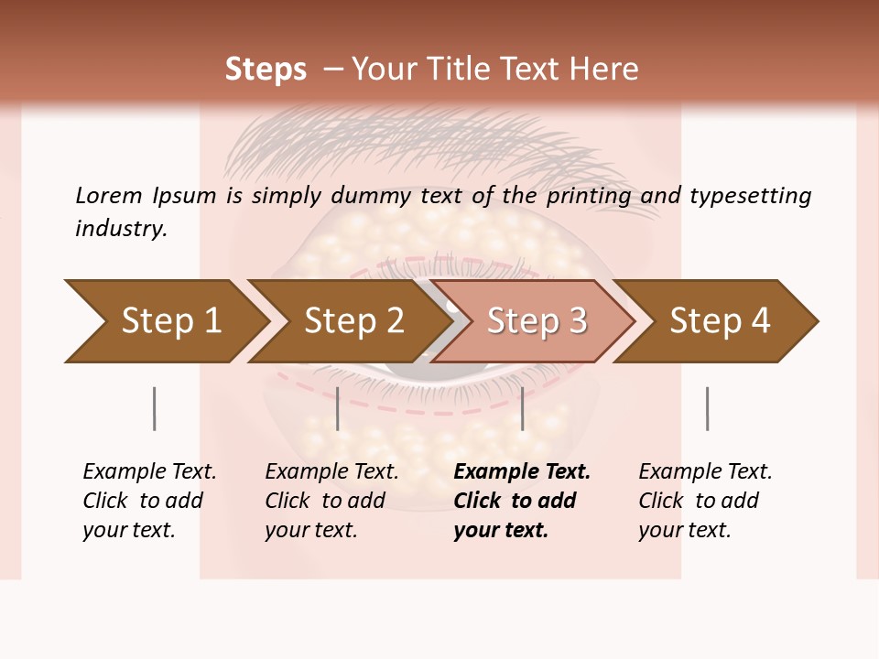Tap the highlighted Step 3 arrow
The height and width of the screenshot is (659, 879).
tap(536, 321)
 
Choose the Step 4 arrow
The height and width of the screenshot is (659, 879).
tap(719, 321)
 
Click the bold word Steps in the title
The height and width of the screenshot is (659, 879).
tap(266, 70)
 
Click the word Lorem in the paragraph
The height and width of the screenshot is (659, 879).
tap(109, 195)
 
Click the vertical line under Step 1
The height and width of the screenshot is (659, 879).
tap(155, 408)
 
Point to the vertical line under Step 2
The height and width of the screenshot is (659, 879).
tap(338, 408)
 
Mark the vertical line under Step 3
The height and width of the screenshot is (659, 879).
tap(522, 408)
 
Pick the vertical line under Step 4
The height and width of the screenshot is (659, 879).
tap(707, 408)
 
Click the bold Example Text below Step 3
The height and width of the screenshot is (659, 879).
tap(522, 472)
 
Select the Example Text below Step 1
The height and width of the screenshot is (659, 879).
tap(149, 472)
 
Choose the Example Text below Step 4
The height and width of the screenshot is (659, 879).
tap(705, 472)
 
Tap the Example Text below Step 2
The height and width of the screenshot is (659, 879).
tap(331, 472)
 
